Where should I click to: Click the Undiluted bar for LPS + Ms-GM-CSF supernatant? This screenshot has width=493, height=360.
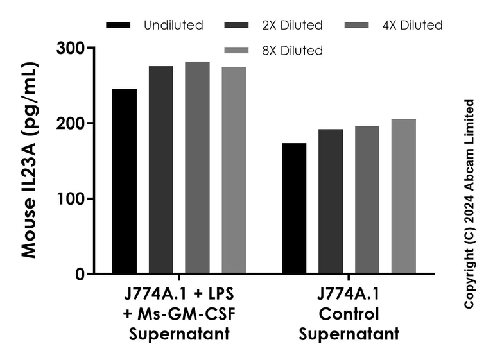(124, 181)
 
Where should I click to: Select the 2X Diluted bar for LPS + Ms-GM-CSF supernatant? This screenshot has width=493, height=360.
(160, 170)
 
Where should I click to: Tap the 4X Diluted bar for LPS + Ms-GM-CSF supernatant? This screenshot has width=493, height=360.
(197, 168)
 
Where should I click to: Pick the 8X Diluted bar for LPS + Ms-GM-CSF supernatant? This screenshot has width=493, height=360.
(234, 171)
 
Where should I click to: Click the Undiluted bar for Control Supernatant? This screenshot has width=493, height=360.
(294, 209)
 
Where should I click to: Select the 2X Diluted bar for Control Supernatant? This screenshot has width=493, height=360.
(331, 201)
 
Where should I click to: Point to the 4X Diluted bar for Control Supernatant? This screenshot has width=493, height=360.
(367, 200)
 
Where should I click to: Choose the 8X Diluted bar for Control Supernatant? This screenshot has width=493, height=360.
(404, 196)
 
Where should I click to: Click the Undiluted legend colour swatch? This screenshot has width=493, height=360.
(119, 26)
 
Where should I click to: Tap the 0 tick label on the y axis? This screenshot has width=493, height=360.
(80, 274)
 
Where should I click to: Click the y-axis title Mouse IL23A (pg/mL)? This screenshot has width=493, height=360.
(29, 160)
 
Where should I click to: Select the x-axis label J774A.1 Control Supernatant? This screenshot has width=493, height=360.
(349, 314)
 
